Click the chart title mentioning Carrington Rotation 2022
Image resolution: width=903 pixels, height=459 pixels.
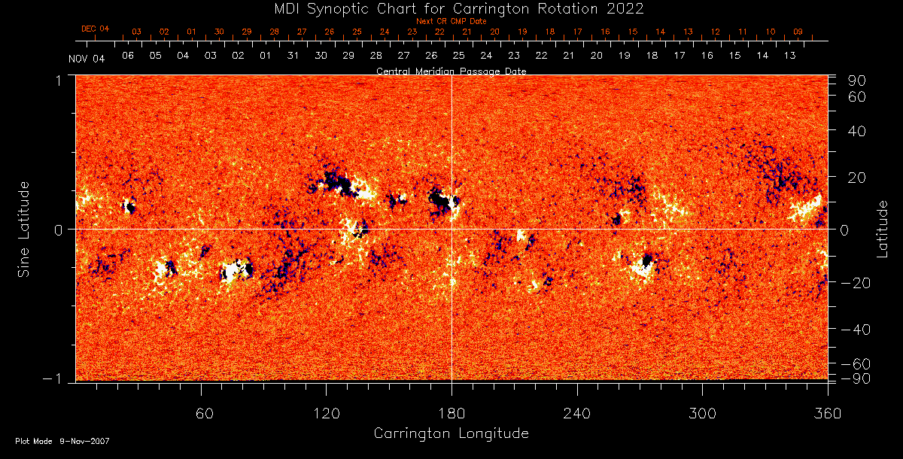(x=451, y=9)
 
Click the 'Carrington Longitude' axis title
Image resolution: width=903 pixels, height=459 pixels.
(x=451, y=433)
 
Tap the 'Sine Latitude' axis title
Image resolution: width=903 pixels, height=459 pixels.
(x=24, y=229)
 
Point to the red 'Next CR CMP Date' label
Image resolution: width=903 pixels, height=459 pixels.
(x=451, y=21)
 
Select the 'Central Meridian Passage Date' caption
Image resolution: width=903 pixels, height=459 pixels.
(x=451, y=71)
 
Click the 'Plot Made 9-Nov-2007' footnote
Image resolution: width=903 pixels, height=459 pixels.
(x=62, y=441)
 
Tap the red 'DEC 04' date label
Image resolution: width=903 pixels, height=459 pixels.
(x=95, y=29)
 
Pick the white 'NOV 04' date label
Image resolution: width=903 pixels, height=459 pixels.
(x=87, y=59)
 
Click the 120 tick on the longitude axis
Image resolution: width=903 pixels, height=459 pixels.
(x=326, y=414)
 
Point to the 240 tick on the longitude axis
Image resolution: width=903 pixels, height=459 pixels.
(x=576, y=414)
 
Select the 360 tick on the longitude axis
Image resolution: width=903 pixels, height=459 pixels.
(x=826, y=414)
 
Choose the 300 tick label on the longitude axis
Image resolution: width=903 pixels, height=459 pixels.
(x=701, y=414)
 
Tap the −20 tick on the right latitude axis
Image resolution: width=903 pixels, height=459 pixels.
(x=856, y=283)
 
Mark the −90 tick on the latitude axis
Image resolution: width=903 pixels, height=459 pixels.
(x=856, y=378)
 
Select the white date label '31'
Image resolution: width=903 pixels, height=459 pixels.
(x=293, y=56)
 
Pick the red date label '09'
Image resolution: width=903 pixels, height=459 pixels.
(x=798, y=32)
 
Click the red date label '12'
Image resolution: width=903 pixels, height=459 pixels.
(x=715, y=32)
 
